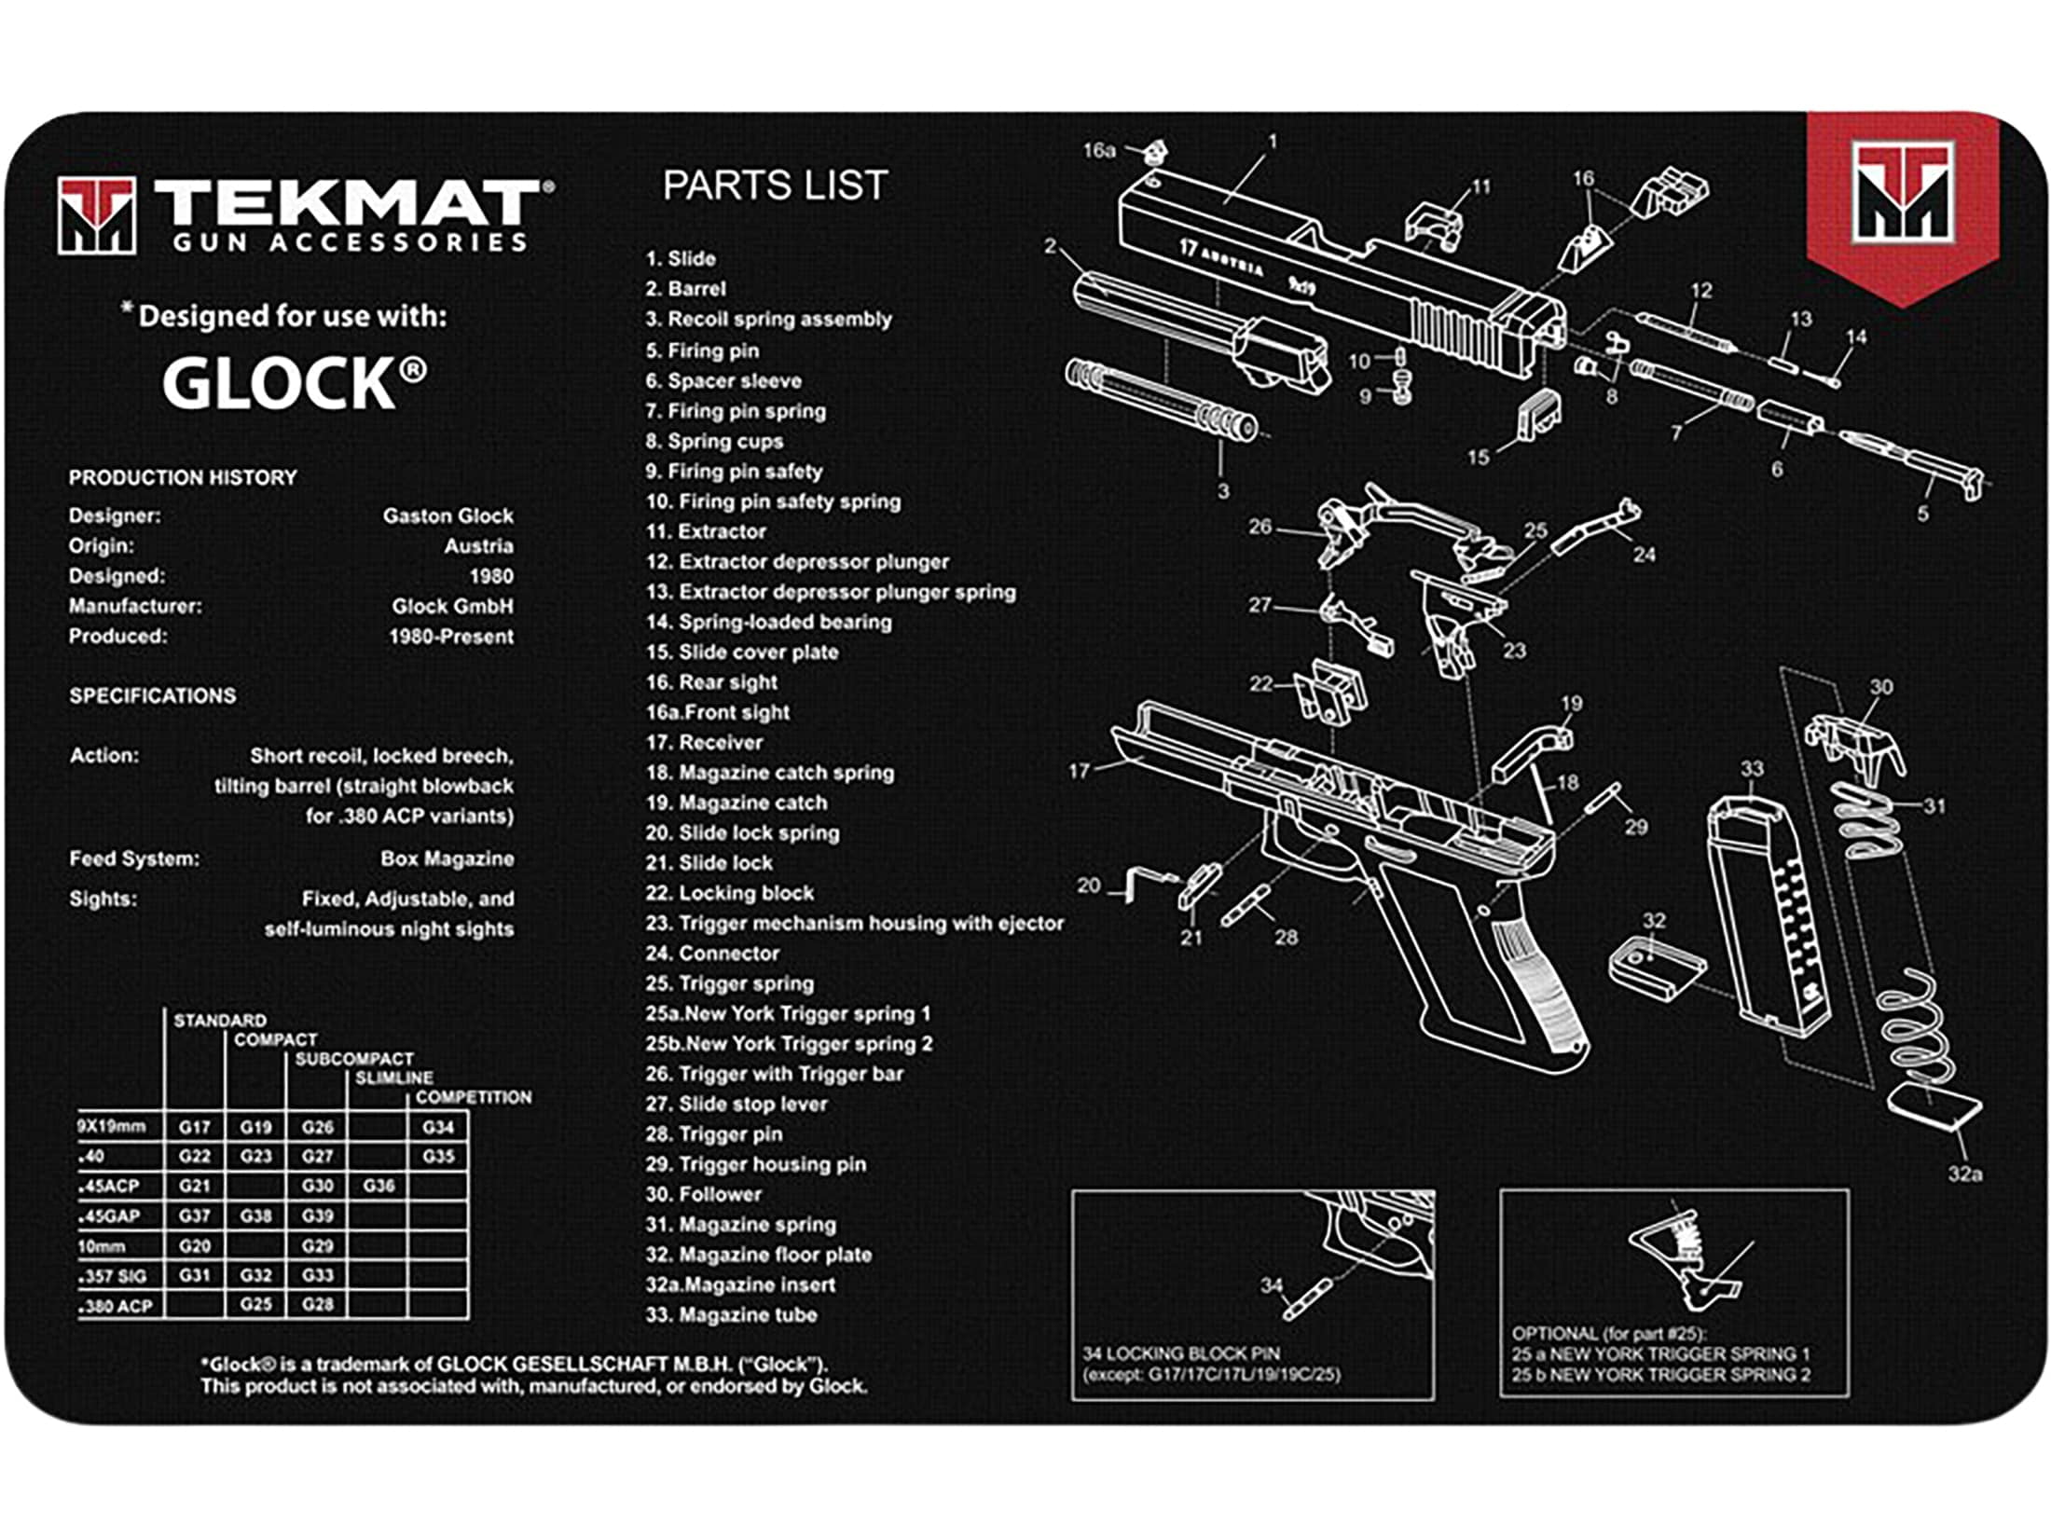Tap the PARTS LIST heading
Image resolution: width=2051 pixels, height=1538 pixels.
[x=775, y=185]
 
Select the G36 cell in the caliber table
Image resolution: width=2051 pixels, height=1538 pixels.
[x=379, y=1186]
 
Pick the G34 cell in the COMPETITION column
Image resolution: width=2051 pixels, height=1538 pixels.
[x=438, y=1127]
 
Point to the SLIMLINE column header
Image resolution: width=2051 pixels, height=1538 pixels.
[x=393, y=1078]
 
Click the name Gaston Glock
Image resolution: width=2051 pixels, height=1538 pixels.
[x=447, y=515]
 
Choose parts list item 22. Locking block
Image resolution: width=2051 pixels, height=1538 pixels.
[x=730, y=893]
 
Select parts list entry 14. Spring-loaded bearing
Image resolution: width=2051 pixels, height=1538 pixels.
[x=769, y=622]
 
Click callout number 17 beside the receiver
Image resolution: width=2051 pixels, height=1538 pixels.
[x=1079, y=771]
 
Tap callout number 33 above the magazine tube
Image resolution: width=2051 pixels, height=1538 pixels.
[x=1752, y=769]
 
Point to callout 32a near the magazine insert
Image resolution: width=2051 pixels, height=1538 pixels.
[x=1965, y=1174]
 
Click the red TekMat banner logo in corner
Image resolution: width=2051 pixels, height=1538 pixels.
[x=1902, y=205]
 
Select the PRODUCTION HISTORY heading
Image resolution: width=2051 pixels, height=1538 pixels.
[x=183, y=477]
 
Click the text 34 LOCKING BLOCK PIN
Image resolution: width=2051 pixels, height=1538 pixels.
[x=1180, y=1353]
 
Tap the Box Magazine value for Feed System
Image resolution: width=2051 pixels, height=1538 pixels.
[x=447, y=858]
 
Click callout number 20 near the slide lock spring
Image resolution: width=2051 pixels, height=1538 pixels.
[x=1089, y=886]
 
